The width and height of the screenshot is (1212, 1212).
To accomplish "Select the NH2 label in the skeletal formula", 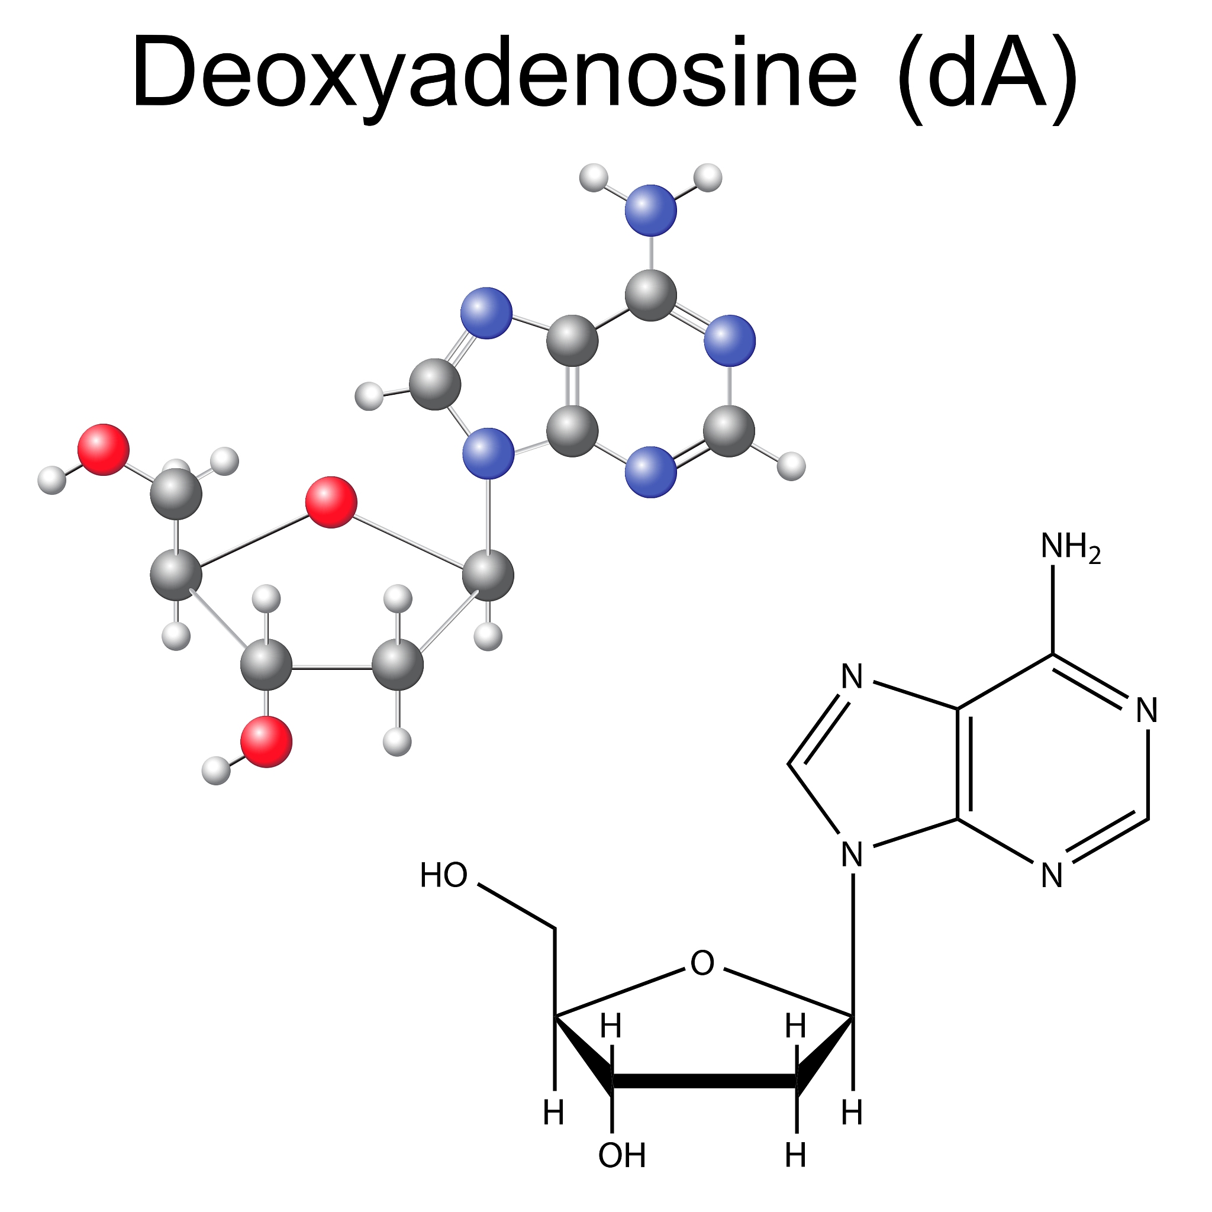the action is click(1071, 546).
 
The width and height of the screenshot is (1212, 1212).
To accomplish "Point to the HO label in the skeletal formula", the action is click(443, 875).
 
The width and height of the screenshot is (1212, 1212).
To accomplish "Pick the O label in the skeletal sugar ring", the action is click(702, 963).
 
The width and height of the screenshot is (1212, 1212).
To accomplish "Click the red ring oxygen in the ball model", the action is click(331, 502).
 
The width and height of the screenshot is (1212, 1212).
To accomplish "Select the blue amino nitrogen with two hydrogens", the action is click(650, 210).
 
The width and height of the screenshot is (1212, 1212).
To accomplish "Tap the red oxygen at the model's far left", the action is click(104, 449).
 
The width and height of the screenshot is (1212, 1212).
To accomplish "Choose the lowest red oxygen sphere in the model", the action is click(267, 742).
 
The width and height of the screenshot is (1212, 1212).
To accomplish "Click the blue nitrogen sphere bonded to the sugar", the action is click(488, 453).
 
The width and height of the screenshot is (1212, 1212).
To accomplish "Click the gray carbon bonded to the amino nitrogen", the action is click(650, 295).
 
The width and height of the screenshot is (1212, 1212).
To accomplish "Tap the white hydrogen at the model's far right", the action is click(791, 466).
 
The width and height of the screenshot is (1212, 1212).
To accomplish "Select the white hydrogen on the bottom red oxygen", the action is click(216, 771).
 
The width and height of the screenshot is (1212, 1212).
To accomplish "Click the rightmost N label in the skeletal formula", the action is click(1147, 711).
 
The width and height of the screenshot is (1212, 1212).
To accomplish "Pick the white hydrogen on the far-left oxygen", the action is click(51, 480).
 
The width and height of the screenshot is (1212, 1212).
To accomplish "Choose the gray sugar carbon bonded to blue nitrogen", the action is click(488, 575).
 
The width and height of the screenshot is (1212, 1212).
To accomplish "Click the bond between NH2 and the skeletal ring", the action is click(1053, 610).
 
